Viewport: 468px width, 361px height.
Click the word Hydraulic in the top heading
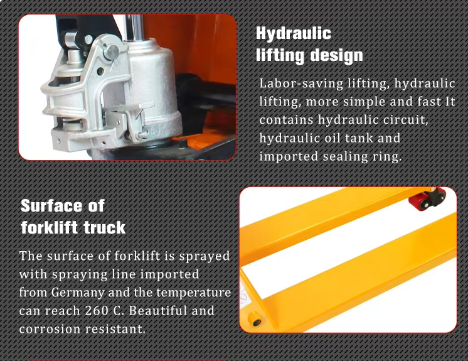[294, 34]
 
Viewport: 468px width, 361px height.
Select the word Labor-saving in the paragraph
[301, 84]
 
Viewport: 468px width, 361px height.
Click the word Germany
[78, 293]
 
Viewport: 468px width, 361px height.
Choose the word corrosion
[50, 329]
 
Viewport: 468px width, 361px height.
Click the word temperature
[194, 293]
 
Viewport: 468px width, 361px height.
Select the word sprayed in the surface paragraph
[205, 257]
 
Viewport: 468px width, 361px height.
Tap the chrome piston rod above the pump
[134, 28]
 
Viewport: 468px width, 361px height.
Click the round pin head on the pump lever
[111, 52]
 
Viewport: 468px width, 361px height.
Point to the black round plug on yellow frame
[257, 323]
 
